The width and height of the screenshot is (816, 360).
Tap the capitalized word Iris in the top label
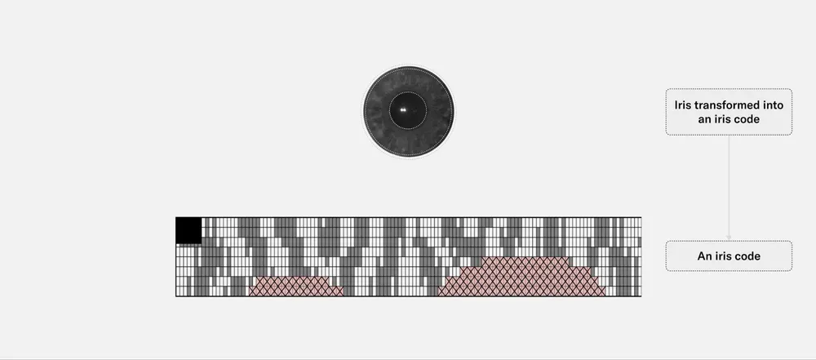coord(684,105)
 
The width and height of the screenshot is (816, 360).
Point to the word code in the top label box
coord(747,119)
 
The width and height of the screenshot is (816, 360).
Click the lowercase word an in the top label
coord(704,120)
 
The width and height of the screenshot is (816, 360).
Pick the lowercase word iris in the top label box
coord(723,119)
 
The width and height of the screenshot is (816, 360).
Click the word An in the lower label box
coord(704,256)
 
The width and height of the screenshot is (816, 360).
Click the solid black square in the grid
coord(188,231)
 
